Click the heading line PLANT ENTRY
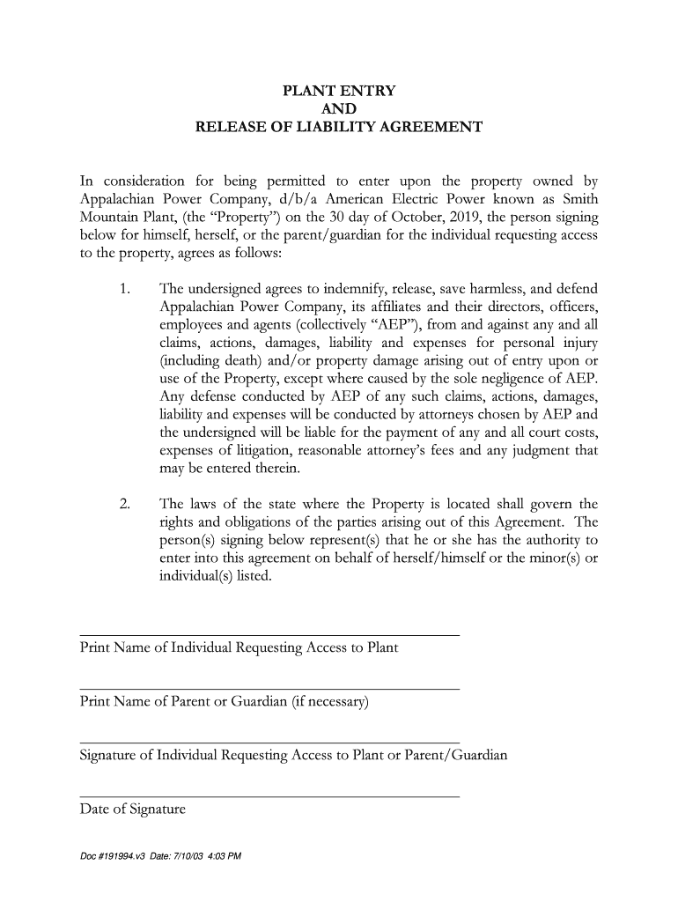click(x=338, y=92)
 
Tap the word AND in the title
click(x=339, y=109)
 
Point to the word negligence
click(x=534, y=379)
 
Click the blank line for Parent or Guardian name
click(x=269, y=689)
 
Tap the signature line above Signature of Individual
click(x=269, y=743)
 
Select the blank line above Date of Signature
click(x=269, y=796)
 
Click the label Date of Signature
click(x=133, y=809)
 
